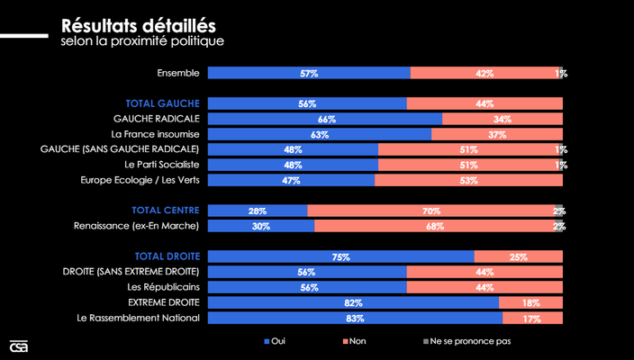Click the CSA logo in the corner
18,346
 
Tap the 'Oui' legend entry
275,341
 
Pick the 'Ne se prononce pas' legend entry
466,341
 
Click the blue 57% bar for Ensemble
309,73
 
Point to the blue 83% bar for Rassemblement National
355,318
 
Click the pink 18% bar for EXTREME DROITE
530,302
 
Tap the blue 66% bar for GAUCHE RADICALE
325,119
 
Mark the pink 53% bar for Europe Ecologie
468,180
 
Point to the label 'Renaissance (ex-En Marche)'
136,226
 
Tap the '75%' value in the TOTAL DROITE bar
341,256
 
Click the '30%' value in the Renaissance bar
261,226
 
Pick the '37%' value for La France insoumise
497,134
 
